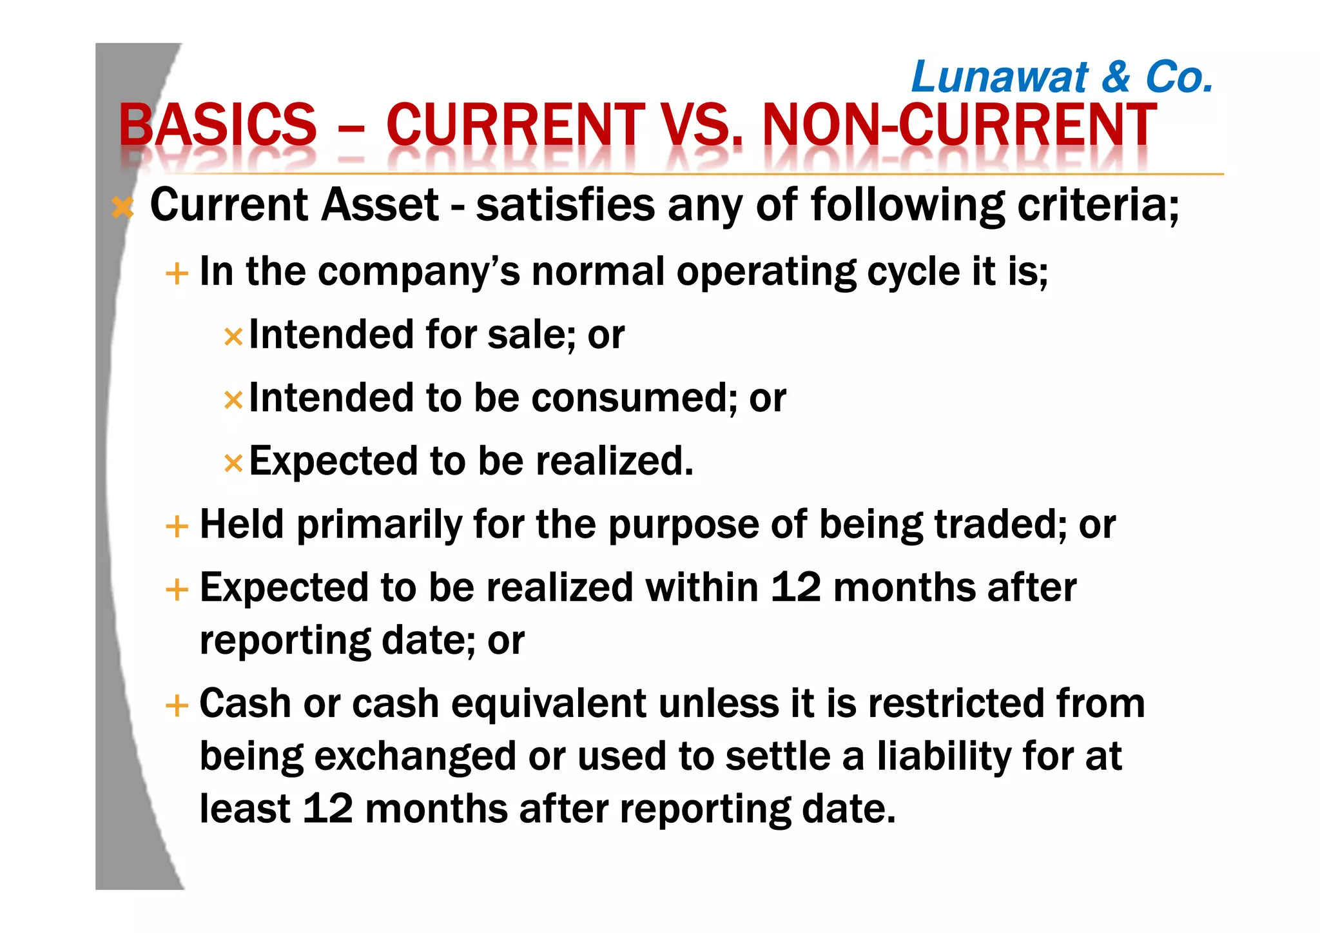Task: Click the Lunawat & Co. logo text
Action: pyautogui.click(x=1062, y=77)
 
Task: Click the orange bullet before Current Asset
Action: pyautogui.click(x=122, y=208)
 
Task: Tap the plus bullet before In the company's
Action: pyautogui.click(x=177, y=273)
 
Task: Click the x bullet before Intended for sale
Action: pyautogui.click(x=233, y=337)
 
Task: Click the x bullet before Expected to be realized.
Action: pyautogui.click(x=233, y=463)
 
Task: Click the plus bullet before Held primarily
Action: pyautogui.click(x=177, y=526)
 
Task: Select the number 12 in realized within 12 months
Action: pyautogui.click(x=795, y=587)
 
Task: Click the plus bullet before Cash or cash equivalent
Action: pyautogui.click(x=177, y=705)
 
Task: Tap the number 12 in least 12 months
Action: pyautogui.click(x=327, y=809)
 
